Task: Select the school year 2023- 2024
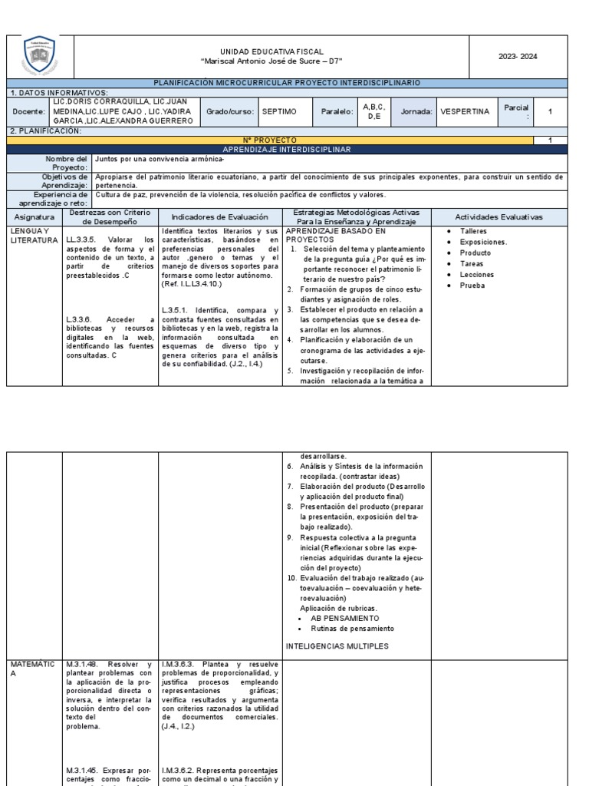point(518,56)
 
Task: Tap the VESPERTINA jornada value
point(465,111)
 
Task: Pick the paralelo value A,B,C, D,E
point(373,111)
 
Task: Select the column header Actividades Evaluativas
point(499,217)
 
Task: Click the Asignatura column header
point(35,217)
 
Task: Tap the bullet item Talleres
point(473,231)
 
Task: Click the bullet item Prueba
point(472,286)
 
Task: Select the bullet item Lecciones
point(476,275)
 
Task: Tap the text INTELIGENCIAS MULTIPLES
point(337,646)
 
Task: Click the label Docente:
point(28,111)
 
